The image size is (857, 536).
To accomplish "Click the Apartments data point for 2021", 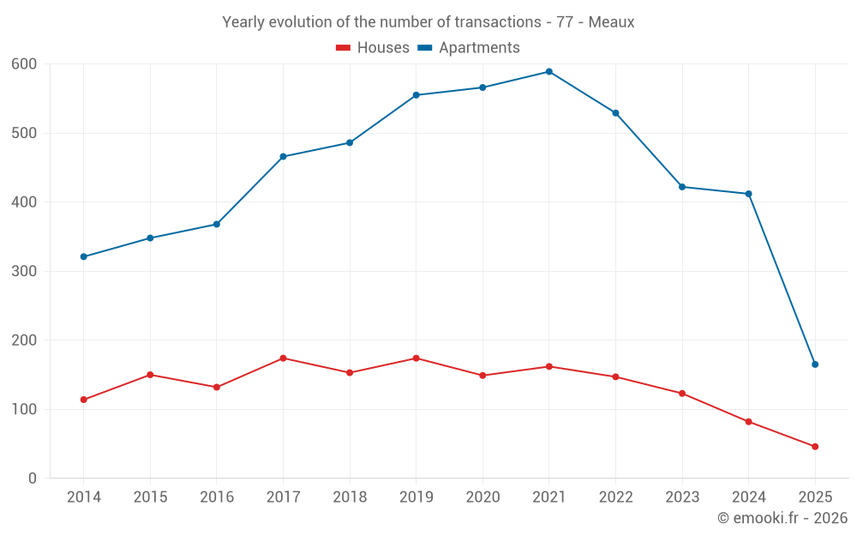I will pos(549,72).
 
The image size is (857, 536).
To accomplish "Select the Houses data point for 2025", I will pos(815,447).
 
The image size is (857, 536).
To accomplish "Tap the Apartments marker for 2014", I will pos(84,256).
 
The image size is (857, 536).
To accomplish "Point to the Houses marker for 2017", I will pos(283,358).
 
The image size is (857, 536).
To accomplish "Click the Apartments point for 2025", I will pos(815,364).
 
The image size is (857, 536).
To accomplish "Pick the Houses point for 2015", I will pos(150,375).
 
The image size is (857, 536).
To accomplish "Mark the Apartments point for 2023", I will pos(682,187).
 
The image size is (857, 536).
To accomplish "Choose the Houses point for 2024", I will pos(748,422).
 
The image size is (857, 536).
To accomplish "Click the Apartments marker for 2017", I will pos(283,157).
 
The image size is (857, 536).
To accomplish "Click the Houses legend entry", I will pos(373,48).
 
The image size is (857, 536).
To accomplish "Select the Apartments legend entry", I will pos(469,48).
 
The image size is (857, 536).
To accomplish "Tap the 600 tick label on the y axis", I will pos(24,64).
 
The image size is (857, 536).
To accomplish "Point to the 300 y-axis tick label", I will pos(24,271).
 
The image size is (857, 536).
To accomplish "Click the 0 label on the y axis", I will pos(33,479).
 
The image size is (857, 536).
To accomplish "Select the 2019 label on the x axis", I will pos(416,497).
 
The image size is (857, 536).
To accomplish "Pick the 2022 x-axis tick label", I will pos(615,497).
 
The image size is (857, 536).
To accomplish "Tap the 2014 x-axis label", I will pos(84,497).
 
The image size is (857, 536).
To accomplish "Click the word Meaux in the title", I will pos(611,22).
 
